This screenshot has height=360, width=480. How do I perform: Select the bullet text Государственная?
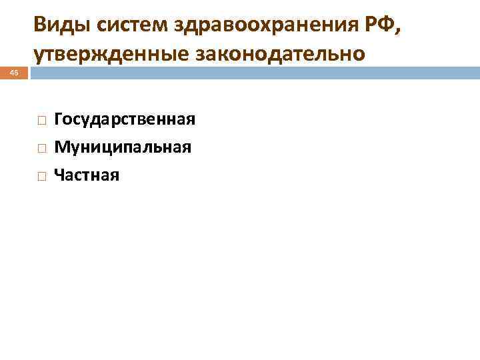tap(125, 119)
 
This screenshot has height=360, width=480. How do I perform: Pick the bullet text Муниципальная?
tap(123, 147)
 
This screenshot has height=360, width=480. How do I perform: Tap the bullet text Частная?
tap(87, 175)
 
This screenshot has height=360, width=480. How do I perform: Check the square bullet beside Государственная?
tap(41, 121)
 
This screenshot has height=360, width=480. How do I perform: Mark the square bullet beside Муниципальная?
tap(41, 148)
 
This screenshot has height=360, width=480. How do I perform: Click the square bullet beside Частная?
tap(41, 176)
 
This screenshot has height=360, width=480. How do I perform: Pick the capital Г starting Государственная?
tap(59, 119)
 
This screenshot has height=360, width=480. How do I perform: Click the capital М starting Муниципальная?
tap(61, 147)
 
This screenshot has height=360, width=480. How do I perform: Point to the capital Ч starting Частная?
tap(59, 175)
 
